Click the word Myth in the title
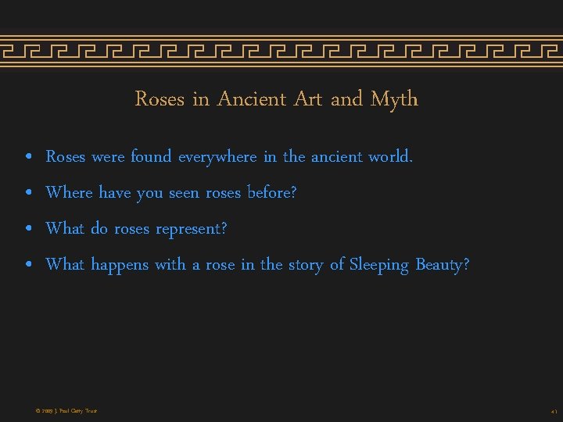click(394, 100)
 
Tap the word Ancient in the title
click(252, 99)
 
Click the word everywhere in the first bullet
click(217, 157)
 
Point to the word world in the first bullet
click(389, 156)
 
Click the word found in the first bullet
click(151, 156)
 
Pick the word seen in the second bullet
click(185, 193)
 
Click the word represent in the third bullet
click(191, 230)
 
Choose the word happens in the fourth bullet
click(120, 266)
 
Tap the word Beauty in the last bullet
click(442, 266)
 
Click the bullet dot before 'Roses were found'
click(28, 158)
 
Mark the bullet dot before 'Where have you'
click(28, 194)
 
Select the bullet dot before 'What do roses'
click(28, 230)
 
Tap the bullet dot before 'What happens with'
click(28, 266)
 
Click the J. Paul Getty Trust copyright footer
click(66, 410)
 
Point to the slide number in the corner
click(553, 410)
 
